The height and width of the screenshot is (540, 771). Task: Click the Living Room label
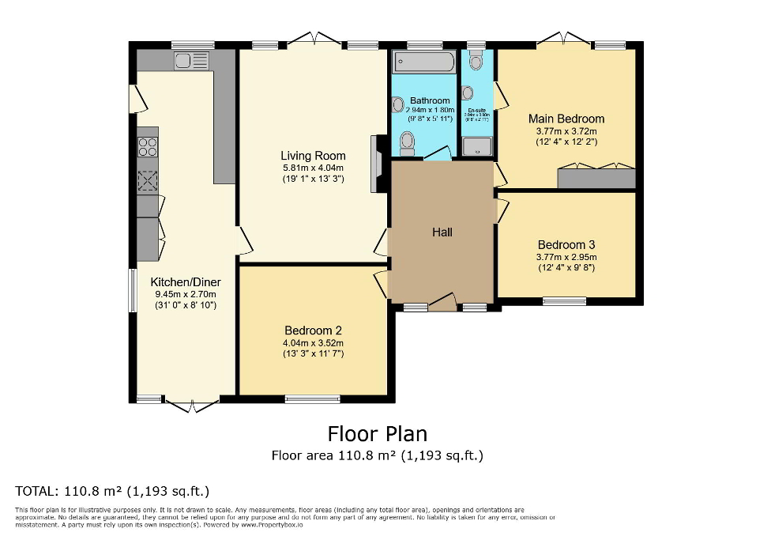coord(313,156)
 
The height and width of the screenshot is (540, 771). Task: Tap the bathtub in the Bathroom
coord(423,62)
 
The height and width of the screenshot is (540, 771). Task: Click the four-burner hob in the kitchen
coord(148,147)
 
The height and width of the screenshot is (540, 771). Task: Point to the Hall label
coord(442,232)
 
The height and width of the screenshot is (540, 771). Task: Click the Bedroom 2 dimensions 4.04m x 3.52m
coord(314,343)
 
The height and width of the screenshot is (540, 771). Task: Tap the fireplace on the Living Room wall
coord(379,164)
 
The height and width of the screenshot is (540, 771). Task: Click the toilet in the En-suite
coord(476,61)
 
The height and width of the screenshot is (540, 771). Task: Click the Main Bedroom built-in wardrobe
coord(596,178)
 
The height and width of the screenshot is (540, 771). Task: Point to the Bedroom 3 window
coord(564,301)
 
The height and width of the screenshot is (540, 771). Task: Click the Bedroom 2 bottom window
coord(308,399)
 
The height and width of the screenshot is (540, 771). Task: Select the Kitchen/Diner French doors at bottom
coord(192,404)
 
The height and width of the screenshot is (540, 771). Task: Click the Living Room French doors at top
coord(314,38)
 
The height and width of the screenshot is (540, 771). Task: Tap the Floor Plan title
coord(377,434)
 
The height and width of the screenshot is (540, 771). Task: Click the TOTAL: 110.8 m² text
coord(112,490)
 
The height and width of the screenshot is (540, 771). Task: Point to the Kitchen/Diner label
coord(186,282)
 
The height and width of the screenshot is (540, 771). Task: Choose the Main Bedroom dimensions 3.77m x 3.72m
coord(566,131)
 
